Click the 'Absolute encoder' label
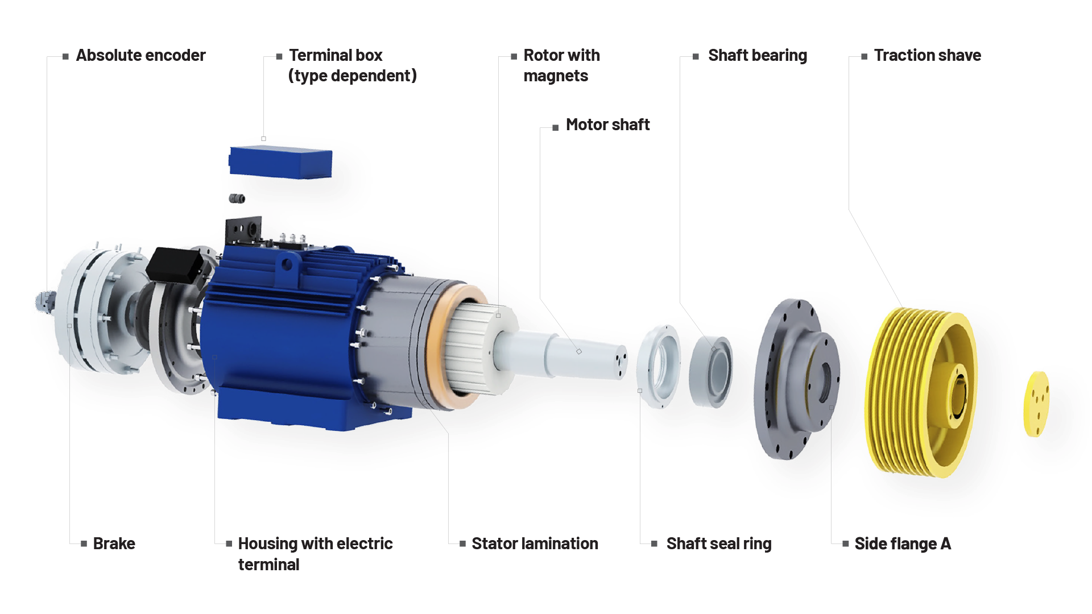[140, 55]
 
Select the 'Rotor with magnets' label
[561, 65]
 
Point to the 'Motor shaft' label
[607, 125]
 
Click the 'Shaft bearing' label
[758, 56]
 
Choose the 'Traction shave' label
[928, 55]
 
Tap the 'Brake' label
[114, 544]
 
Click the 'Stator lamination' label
[535, 544]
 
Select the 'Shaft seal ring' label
[719, 544]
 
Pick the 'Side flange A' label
[903, 544]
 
